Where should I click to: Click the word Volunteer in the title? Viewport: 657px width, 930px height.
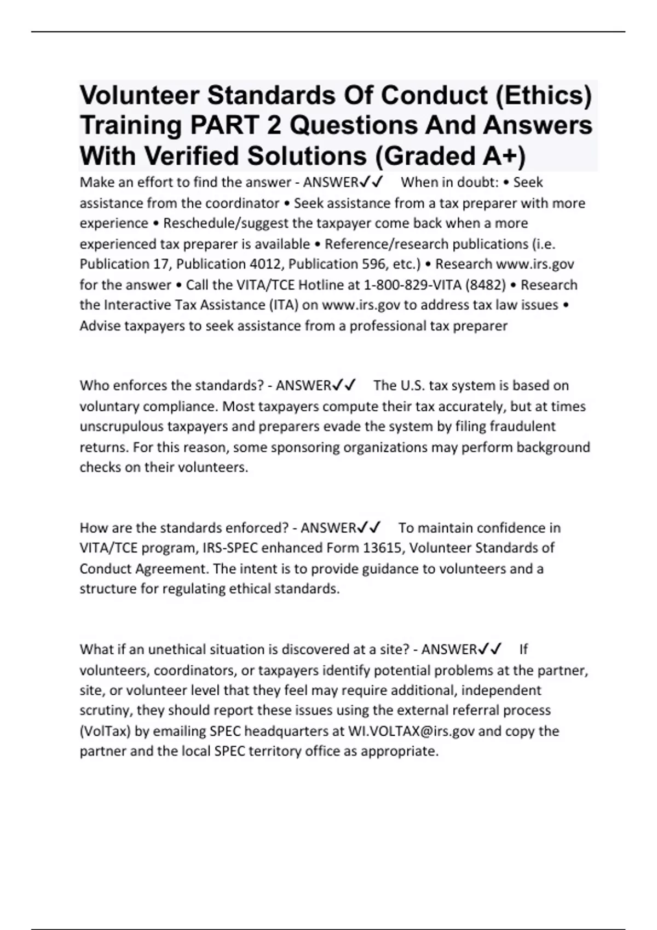point(139,96)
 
